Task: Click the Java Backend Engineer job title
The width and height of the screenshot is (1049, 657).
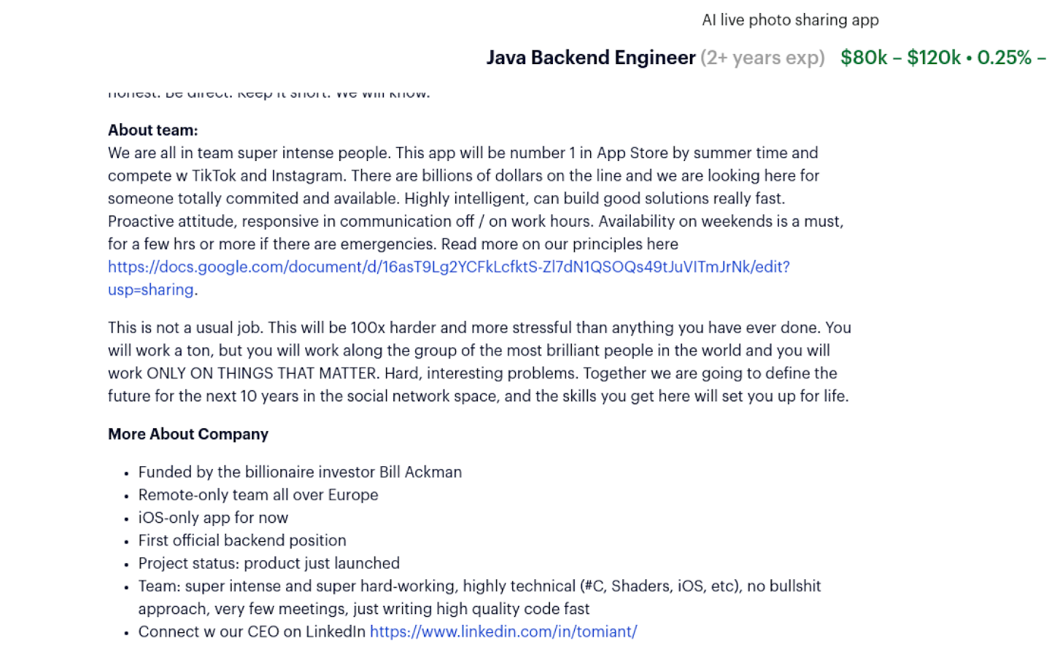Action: pos(590,58)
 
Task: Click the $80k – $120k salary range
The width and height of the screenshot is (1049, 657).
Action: pos(900,58)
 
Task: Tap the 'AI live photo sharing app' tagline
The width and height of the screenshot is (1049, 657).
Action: pos(790,20)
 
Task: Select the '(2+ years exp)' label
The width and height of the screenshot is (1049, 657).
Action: pos(763,58)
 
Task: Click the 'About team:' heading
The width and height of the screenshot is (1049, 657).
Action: pos(153,130)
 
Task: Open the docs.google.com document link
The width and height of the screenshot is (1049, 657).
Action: pos(449,267)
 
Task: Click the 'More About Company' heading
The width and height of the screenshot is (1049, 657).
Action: pos(188,434)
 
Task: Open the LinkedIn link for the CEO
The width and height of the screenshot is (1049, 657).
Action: pos(503,632)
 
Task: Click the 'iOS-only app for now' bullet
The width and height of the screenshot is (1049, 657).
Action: pos(213,518)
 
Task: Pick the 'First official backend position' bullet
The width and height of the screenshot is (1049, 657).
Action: pos(242,540)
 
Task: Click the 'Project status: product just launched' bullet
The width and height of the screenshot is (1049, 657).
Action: pos(269,564)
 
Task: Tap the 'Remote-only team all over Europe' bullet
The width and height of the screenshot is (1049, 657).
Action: pos(258,495)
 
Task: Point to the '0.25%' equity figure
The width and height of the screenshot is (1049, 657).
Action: pos(1004,58)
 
